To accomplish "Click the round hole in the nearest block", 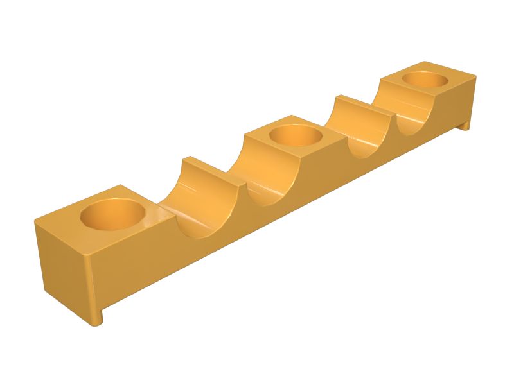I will [x=111, y=214].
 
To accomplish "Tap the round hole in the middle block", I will [x=295, y=135].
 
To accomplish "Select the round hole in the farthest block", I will [x=425, y=80].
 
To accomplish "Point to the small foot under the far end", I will [x=463, y=126].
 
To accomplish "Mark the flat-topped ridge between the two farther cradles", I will [x=356, y=106].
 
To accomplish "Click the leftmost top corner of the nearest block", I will [x=35, y=221].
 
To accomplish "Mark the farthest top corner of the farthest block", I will [x=423, y=62].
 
